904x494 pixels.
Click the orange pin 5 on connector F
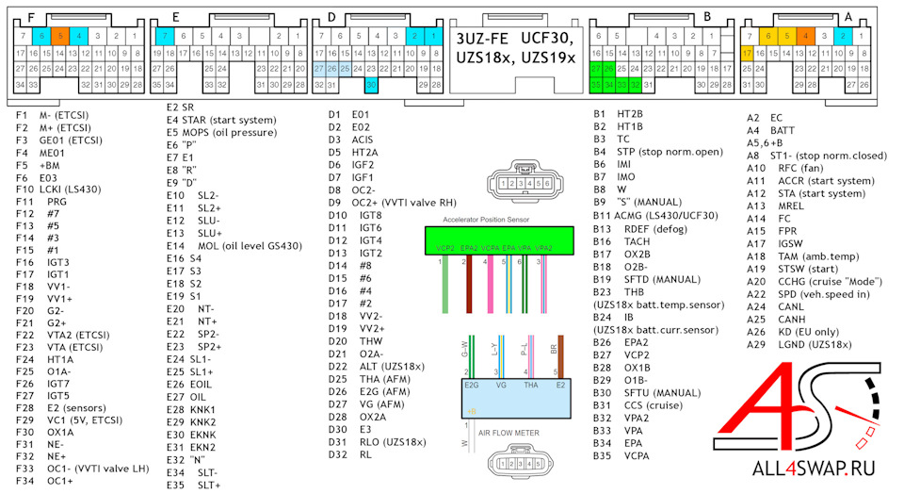(59, 36)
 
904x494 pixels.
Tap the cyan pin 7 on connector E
(165, 36)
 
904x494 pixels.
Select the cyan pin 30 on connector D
(372, 85)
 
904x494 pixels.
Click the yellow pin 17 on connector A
(747, 54)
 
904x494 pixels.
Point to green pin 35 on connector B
(595, 85)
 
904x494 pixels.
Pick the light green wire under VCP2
(444, 283)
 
